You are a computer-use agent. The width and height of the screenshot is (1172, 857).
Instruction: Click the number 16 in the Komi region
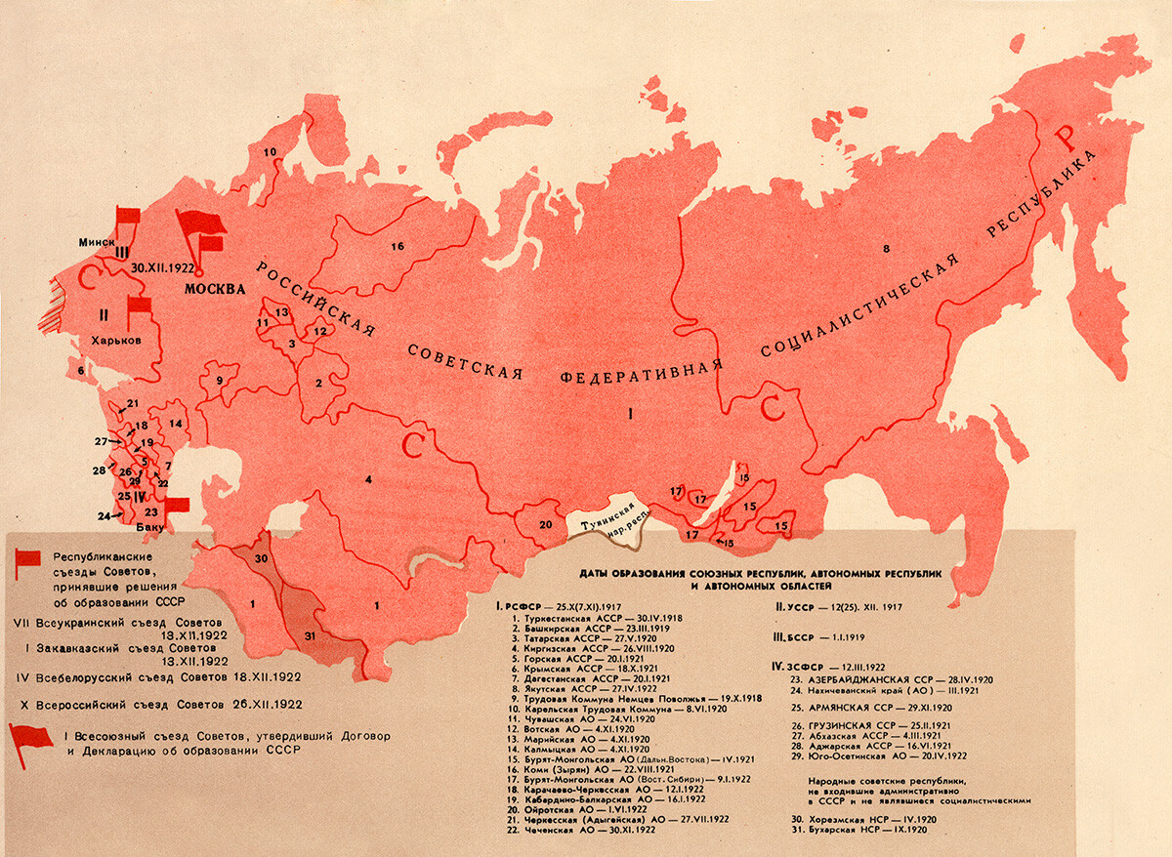click(x=397, y=246)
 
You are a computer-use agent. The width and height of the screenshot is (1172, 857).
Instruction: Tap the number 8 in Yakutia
click(x=886, y=251)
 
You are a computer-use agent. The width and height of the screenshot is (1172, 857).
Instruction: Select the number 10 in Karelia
click(x=271, y=151)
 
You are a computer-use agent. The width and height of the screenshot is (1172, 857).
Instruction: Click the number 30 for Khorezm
click(x=260, y=557)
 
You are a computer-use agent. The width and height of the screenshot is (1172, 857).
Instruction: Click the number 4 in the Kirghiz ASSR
click(x=369, y=478)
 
